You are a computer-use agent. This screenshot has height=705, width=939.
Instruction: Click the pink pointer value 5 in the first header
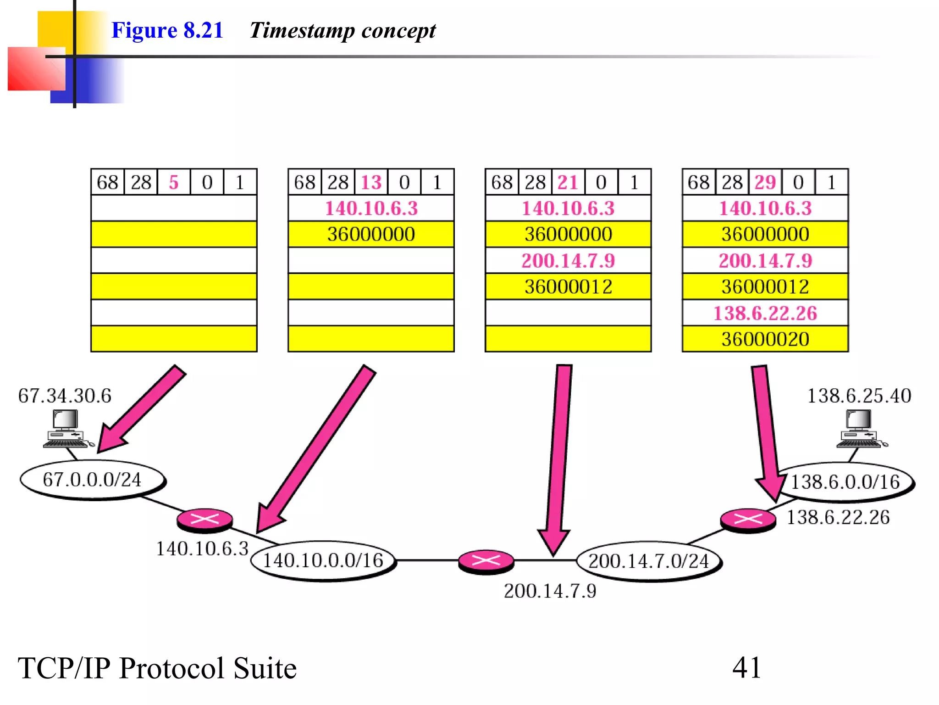tap(173, 183)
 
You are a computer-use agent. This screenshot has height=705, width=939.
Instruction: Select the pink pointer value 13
tap(371, 183)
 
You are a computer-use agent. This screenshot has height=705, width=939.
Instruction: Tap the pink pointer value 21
tap(568, 183)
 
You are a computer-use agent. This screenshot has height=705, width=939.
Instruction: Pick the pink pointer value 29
tap(765, 183)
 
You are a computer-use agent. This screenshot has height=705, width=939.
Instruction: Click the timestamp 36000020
tap(765, 339)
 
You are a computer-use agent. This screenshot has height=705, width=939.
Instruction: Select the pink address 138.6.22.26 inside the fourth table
tap(765, 313)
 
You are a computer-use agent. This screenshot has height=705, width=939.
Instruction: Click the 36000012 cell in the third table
tap(568, 287)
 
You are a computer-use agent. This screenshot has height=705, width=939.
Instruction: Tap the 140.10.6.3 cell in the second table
tap(371, 208)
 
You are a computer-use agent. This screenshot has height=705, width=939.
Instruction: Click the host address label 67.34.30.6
tap(65, 396)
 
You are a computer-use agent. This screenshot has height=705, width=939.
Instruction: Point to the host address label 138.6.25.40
tap(859, 396)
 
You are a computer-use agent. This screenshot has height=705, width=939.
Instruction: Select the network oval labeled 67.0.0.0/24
tap(92, 480)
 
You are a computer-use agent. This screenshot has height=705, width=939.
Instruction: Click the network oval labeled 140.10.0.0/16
tap(323, 560)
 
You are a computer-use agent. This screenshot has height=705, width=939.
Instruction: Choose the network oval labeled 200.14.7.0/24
tap(648, 561)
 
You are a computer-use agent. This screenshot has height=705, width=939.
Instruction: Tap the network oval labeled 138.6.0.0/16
tap(845, 482)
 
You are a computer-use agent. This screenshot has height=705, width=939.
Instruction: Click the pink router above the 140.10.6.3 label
tap(204, 520)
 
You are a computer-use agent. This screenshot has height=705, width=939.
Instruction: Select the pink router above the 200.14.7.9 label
tap(486, 561)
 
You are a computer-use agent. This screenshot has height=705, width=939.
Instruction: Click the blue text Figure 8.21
tap(167, 30)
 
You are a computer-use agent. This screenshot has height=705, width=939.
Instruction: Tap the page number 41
tap(746, 667)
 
